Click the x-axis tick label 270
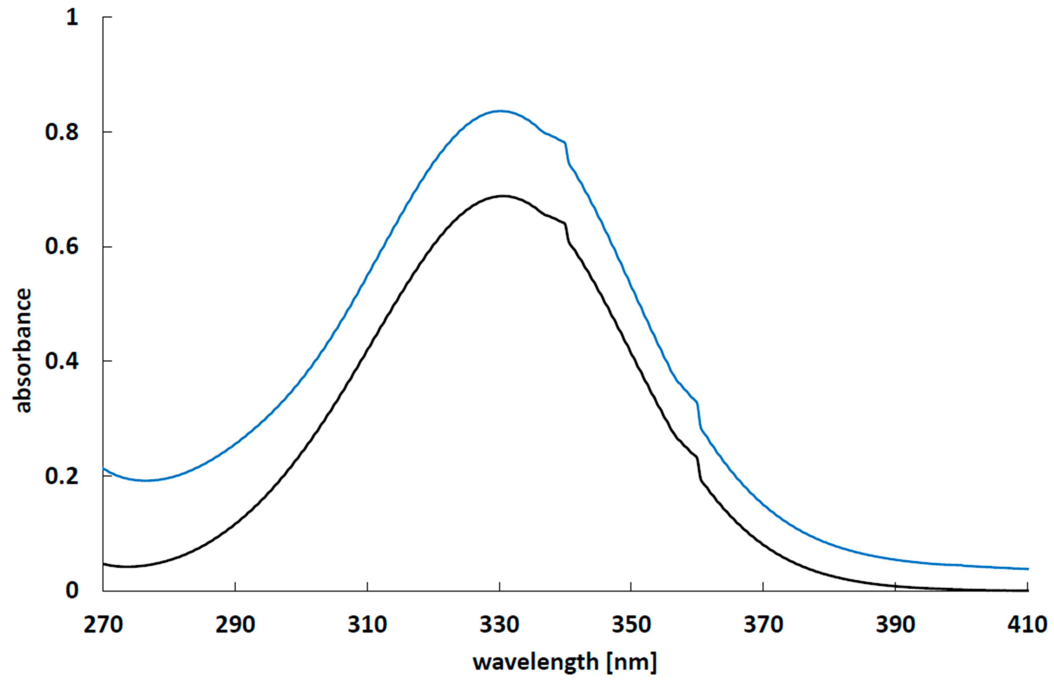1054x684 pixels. point(103,625)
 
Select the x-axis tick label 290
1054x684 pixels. point(235,625)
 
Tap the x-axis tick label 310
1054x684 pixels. point(367,625)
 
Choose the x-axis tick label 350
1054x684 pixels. point(631,625)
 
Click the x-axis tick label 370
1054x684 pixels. point(763,625)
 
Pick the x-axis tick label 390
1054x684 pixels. point(895,625)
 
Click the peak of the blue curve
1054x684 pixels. point(500,111)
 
